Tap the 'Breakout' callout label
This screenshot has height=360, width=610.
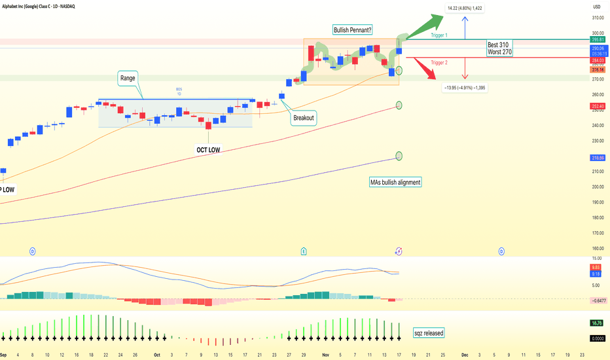pyautogui.click(x=304, y=118)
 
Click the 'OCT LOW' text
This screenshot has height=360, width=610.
pyautogui.click(x=208, y=150)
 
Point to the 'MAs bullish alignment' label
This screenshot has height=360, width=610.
pyautogui.click(x=395, y=182)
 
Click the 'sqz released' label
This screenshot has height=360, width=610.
pyautogui.click(x=429, y=333)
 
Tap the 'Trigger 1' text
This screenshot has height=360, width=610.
pyautogui.click(x=440, y=35)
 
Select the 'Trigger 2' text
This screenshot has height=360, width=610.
pyautogui.click(x=440, y=62)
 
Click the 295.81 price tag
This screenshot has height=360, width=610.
pyautogui.click(x=596, y=40)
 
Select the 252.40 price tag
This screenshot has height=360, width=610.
pyautogui.click(x=596, y=105)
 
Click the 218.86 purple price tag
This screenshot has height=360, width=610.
pyautogui.click(x=596, y=158)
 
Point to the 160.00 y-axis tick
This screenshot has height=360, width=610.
pyautogui.click(x=596, y=248)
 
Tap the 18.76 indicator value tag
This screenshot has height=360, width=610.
pyautogui.click(x=596, y=323)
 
